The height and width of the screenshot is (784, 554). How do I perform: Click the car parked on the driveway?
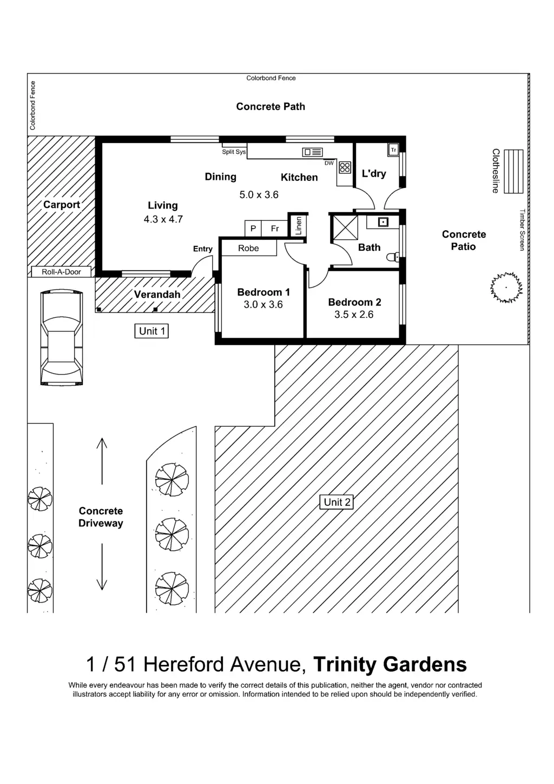62,338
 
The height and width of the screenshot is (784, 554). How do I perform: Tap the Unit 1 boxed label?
151,331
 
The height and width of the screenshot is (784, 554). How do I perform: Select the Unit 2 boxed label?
337,502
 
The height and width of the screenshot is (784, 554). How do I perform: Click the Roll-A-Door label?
61,272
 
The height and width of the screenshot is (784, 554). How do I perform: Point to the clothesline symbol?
513,172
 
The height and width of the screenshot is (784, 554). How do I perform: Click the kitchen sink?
312,153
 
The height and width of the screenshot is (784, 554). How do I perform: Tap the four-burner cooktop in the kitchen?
345,167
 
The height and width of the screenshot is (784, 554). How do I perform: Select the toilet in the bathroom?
393,257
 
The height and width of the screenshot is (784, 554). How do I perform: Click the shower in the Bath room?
344,227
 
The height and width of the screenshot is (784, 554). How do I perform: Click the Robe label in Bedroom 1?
248,249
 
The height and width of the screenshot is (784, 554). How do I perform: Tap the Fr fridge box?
275,228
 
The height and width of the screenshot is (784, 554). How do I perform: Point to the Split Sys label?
234,152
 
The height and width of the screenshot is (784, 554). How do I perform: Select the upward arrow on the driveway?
102,460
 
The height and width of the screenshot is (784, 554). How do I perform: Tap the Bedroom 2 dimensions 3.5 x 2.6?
354,315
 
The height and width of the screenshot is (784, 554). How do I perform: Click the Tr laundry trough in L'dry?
393,149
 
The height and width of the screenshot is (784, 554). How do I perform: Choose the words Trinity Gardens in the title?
390,664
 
